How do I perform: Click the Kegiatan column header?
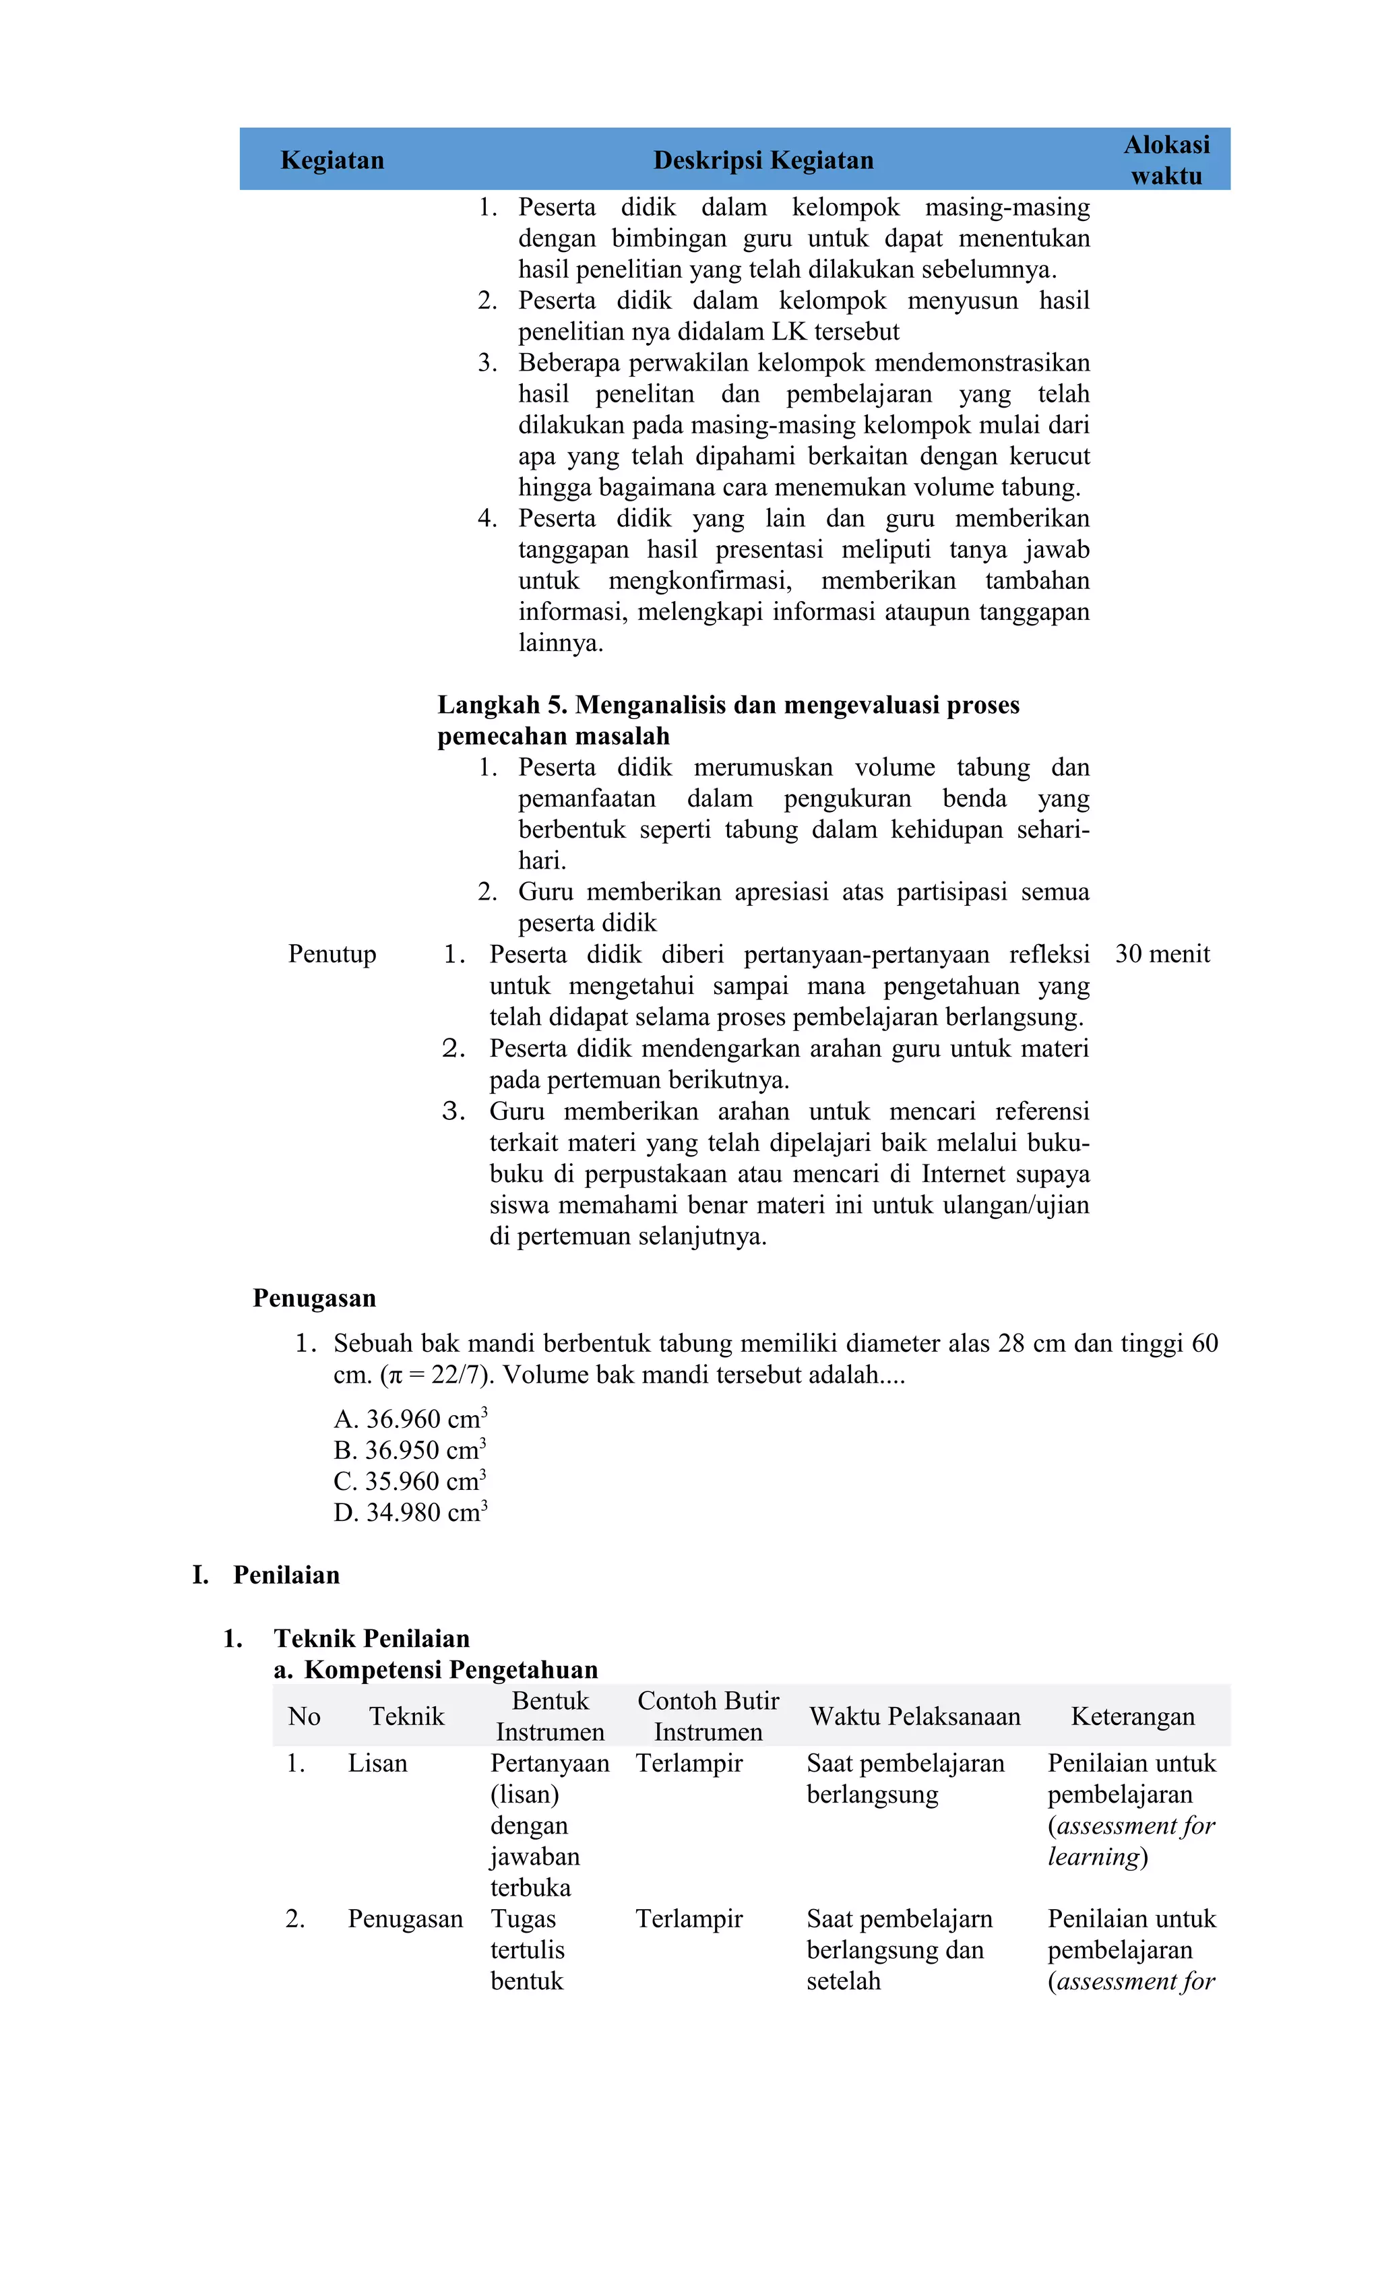coord(332,160)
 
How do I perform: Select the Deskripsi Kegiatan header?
coord(763,160)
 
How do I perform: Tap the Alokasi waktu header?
coord(1166,160)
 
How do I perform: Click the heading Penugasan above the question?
coord(315,1298)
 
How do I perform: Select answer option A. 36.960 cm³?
coord(410,1419)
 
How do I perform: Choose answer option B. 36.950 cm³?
coord(410,1450)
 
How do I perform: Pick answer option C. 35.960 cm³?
coord(410,1481)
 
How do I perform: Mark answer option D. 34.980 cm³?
coord(410,1513)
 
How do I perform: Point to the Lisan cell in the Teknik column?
coord(377,1763)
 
